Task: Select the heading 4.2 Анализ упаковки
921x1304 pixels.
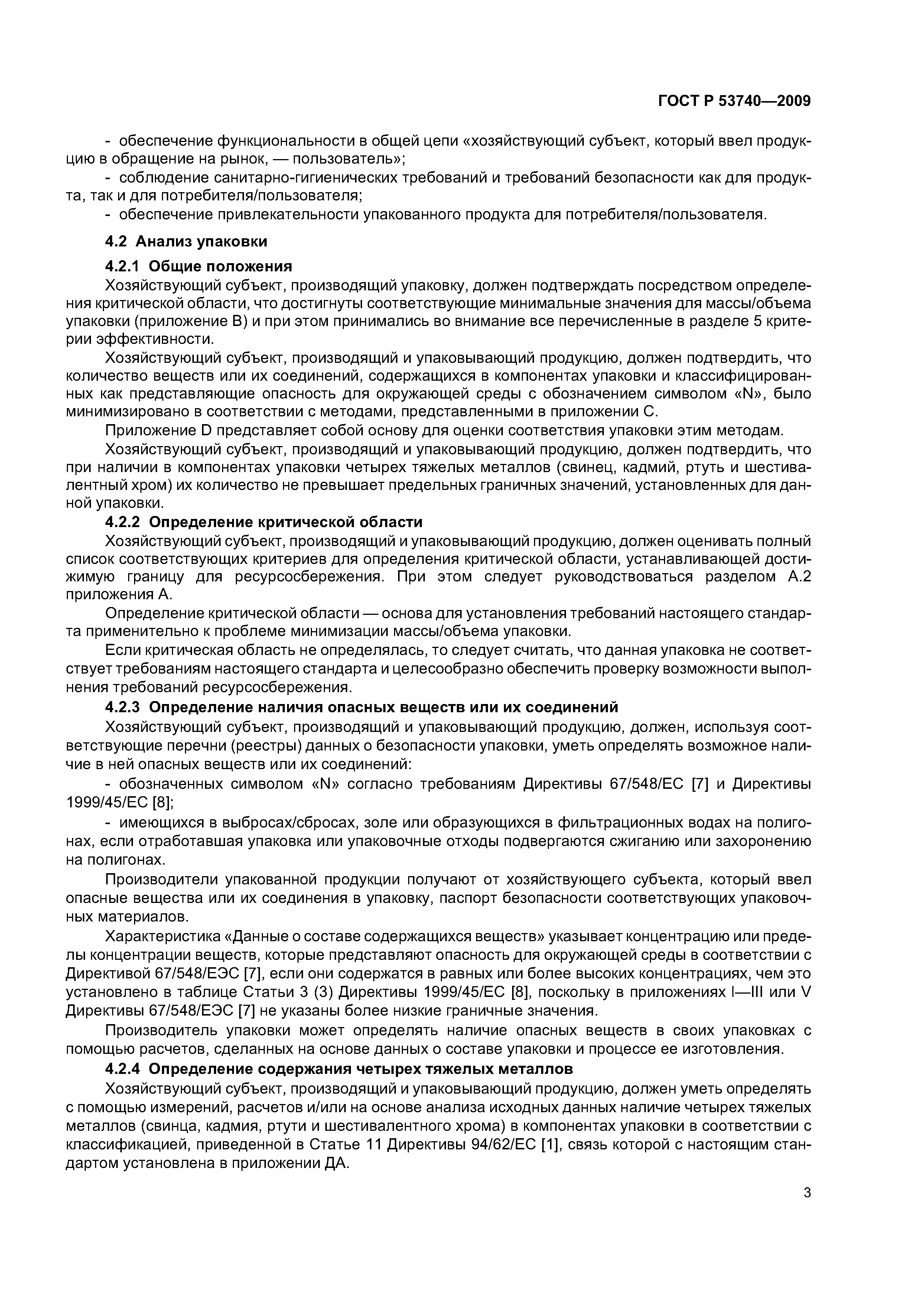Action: pos(186,241)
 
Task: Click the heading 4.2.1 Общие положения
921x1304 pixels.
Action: pos(199,267)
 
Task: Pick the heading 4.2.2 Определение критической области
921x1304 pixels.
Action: pos(264,522)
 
